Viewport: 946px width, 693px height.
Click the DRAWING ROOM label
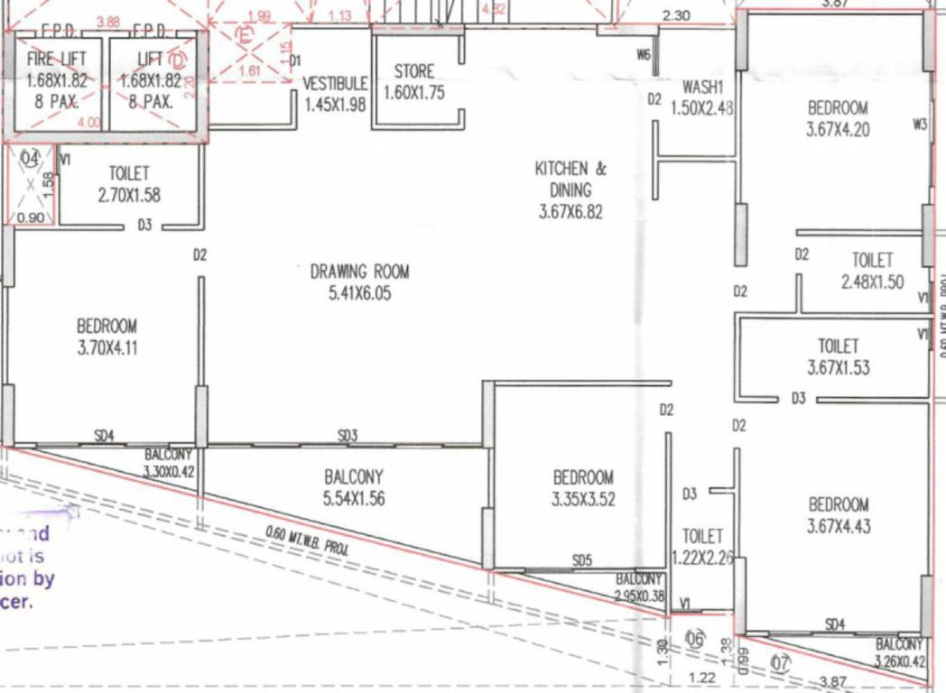pos(359,271)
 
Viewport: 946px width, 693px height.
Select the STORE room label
pos(414,71)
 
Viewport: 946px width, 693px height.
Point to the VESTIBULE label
pos(335,83)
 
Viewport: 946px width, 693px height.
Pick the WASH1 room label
pos(703,88)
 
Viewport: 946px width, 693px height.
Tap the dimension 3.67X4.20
pos(838,129)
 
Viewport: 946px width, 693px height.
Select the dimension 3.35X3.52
pos(583,498)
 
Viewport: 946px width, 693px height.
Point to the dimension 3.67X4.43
pos(839,526)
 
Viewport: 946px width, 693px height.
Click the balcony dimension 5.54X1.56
pos(354,497)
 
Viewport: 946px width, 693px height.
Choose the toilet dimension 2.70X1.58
pos(129,194)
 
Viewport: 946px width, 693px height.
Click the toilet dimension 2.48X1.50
pos(872,282)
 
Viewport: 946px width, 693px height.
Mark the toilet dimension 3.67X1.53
pos(838,367)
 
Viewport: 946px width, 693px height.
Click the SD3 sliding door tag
pos(348,436)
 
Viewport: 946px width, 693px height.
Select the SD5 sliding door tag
pos(582,560)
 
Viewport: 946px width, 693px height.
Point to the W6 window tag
pos(643,55)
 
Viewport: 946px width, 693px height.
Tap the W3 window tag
pos(920,125)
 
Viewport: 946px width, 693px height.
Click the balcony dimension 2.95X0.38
pos(639,596)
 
